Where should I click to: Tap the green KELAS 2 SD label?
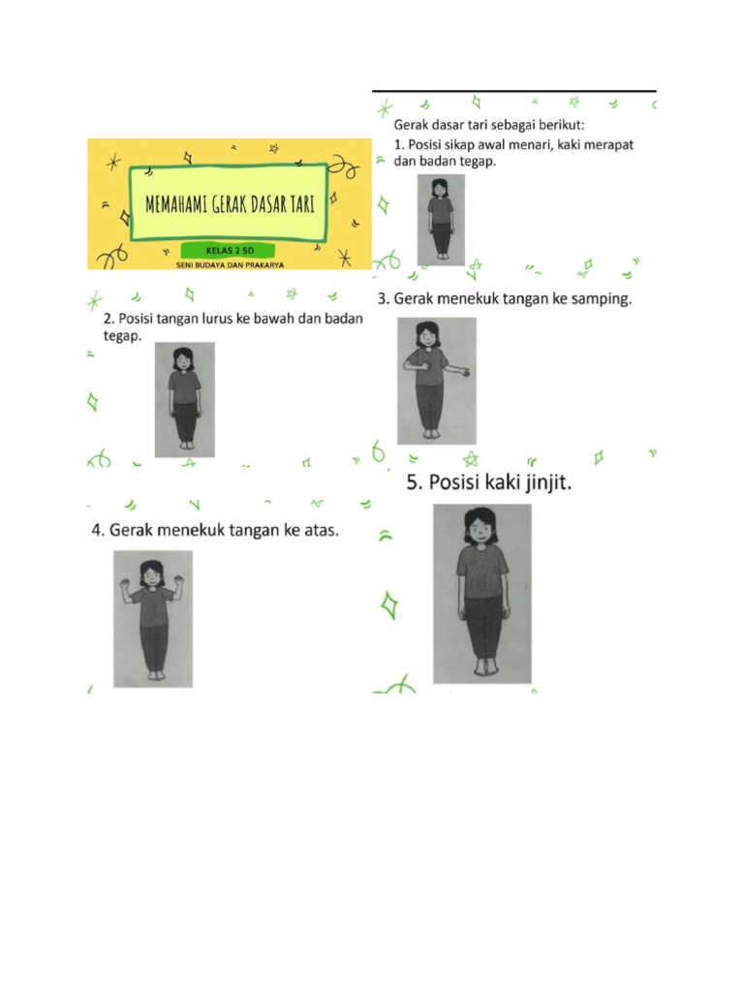[x=229, y=250]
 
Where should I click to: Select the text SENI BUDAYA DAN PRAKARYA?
[x=229, y=263]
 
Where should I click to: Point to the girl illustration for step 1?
[x=440, y=219]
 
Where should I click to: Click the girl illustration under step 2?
[x=184, y=399]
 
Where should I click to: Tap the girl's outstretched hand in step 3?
[x=468, y=371]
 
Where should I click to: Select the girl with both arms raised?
[x=152, y=618]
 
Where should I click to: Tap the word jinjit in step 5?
[x=537, y=482]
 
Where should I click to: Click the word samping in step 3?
[x=598, y=299]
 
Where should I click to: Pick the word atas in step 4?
[x=318, y=531]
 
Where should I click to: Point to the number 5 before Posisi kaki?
[x=413, y=482]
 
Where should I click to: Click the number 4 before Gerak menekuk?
[x=97, y=531]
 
